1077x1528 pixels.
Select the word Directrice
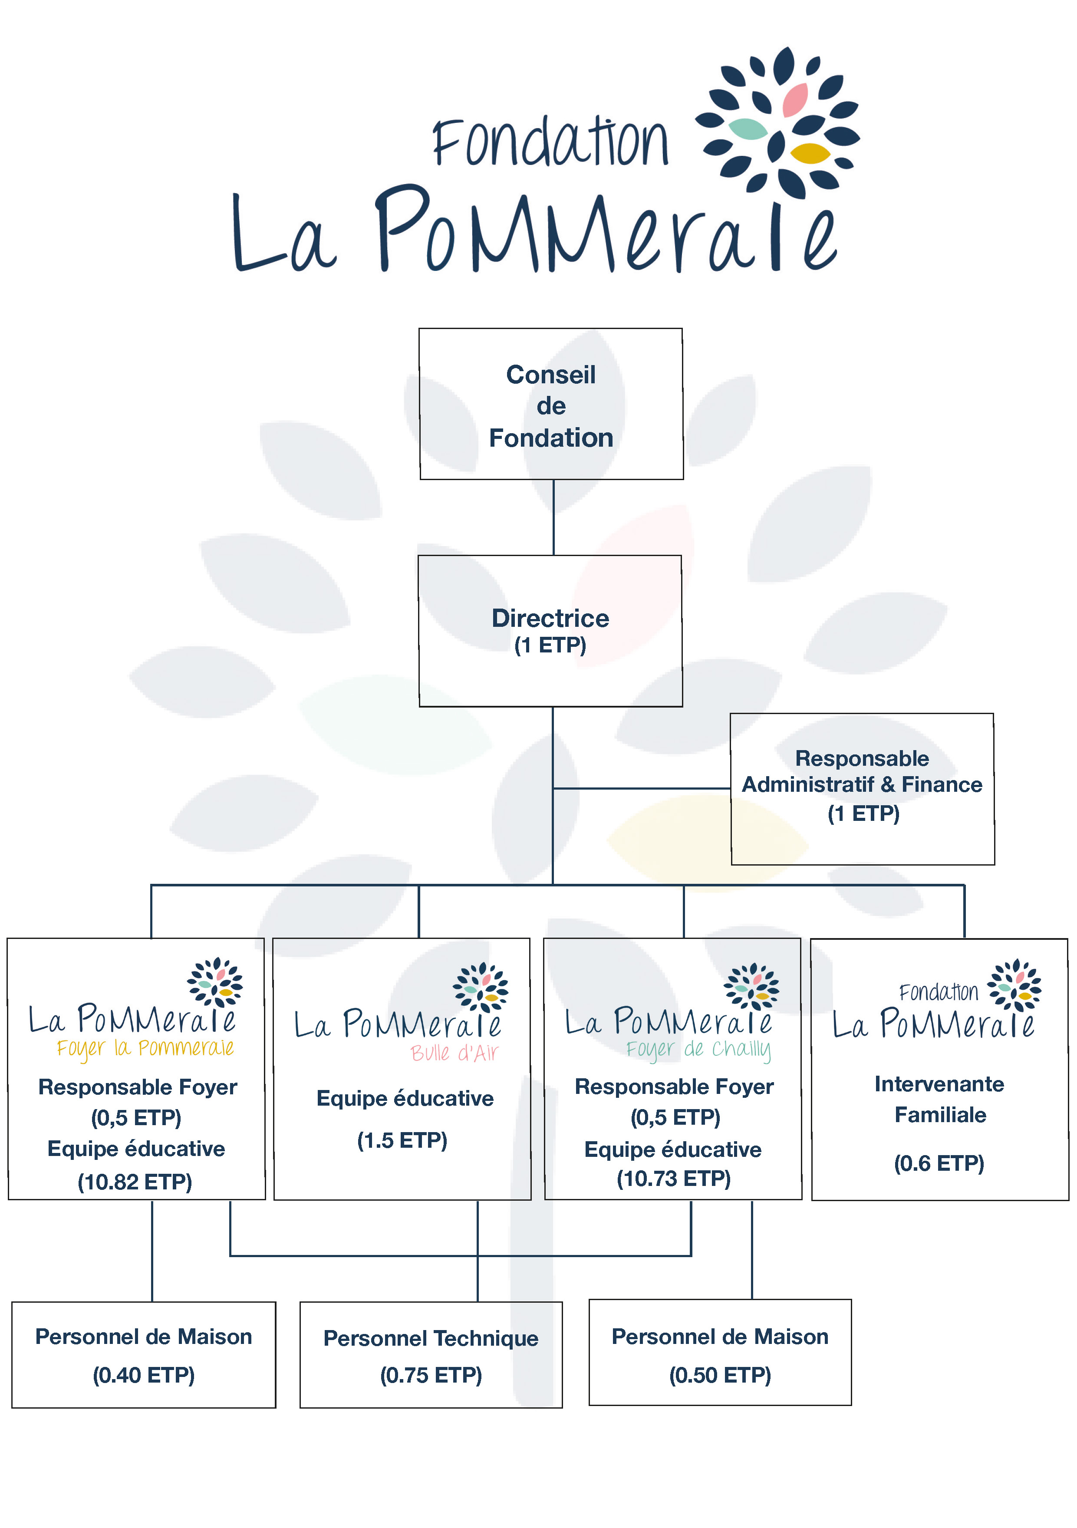pyautogui.click(x=550, y=618)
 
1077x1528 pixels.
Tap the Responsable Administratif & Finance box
pyautogui.click(x=862, y=789)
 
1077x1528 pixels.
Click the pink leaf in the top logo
pyautogui.click(x=795, y=100)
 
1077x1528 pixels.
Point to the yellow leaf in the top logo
pyautogui.click(x=810, y=154)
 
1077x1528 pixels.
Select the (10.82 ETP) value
pyautogui.click(x=135, y=1182)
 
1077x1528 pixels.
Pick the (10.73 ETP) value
pyautogui.click(x=674, y=1179)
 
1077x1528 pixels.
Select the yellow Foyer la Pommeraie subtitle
pyautogui.click(x=145, y=1048)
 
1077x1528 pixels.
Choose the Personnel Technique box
pyautogui.click(x=431, y=1355)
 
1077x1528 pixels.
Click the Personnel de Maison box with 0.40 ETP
pyautogui.click(x=144, y=1355)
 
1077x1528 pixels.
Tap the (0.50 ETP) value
pyautogui.click(x=720, y=1375)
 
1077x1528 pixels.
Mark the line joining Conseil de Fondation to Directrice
pyautogui.click(x=553, y=517)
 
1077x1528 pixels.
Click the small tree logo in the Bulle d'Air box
pyautogui.click(x=481, y=988)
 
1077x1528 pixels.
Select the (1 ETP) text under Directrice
pyautogui.click(x=550, y=645)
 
